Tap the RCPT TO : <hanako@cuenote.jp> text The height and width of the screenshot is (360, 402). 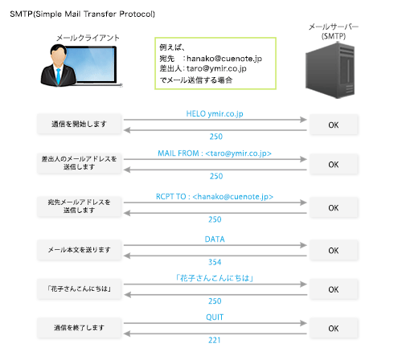[215, 196]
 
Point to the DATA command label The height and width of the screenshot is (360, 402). [215, 239]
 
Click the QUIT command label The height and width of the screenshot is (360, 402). [215, 317]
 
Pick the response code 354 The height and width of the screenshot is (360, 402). [215, 262]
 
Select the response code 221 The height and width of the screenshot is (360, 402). [215, 342]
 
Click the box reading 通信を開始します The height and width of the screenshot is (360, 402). [79, 125]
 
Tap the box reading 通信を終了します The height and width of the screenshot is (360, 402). [79, 328]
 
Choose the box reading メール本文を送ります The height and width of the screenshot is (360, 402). [79, 250]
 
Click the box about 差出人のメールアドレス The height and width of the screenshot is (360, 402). [79, 165]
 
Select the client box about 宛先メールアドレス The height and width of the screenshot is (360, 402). [79, 207]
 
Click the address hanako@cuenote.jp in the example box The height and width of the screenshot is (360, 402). [228, 58]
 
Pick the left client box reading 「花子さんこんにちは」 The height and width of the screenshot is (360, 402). [79, 288]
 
